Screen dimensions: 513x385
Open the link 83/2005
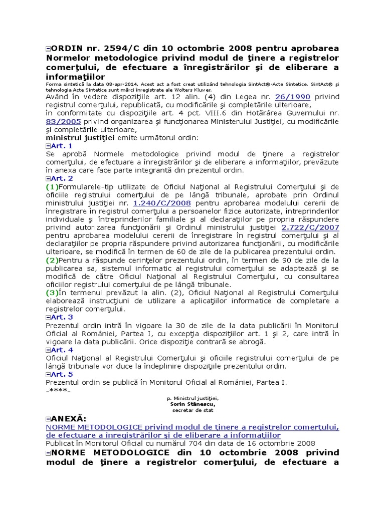click(x=58, y=121)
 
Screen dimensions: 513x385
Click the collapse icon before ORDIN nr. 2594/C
click(x=48, y=49)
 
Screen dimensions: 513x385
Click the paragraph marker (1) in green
click(x=52, y=186)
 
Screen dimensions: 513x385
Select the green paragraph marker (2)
click(x=52, y=260)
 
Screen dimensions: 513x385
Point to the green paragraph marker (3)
click(x=52, y=293)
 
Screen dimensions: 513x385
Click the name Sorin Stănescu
click(x=192, y=403)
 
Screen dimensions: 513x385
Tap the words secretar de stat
click(x=192, y=410)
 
